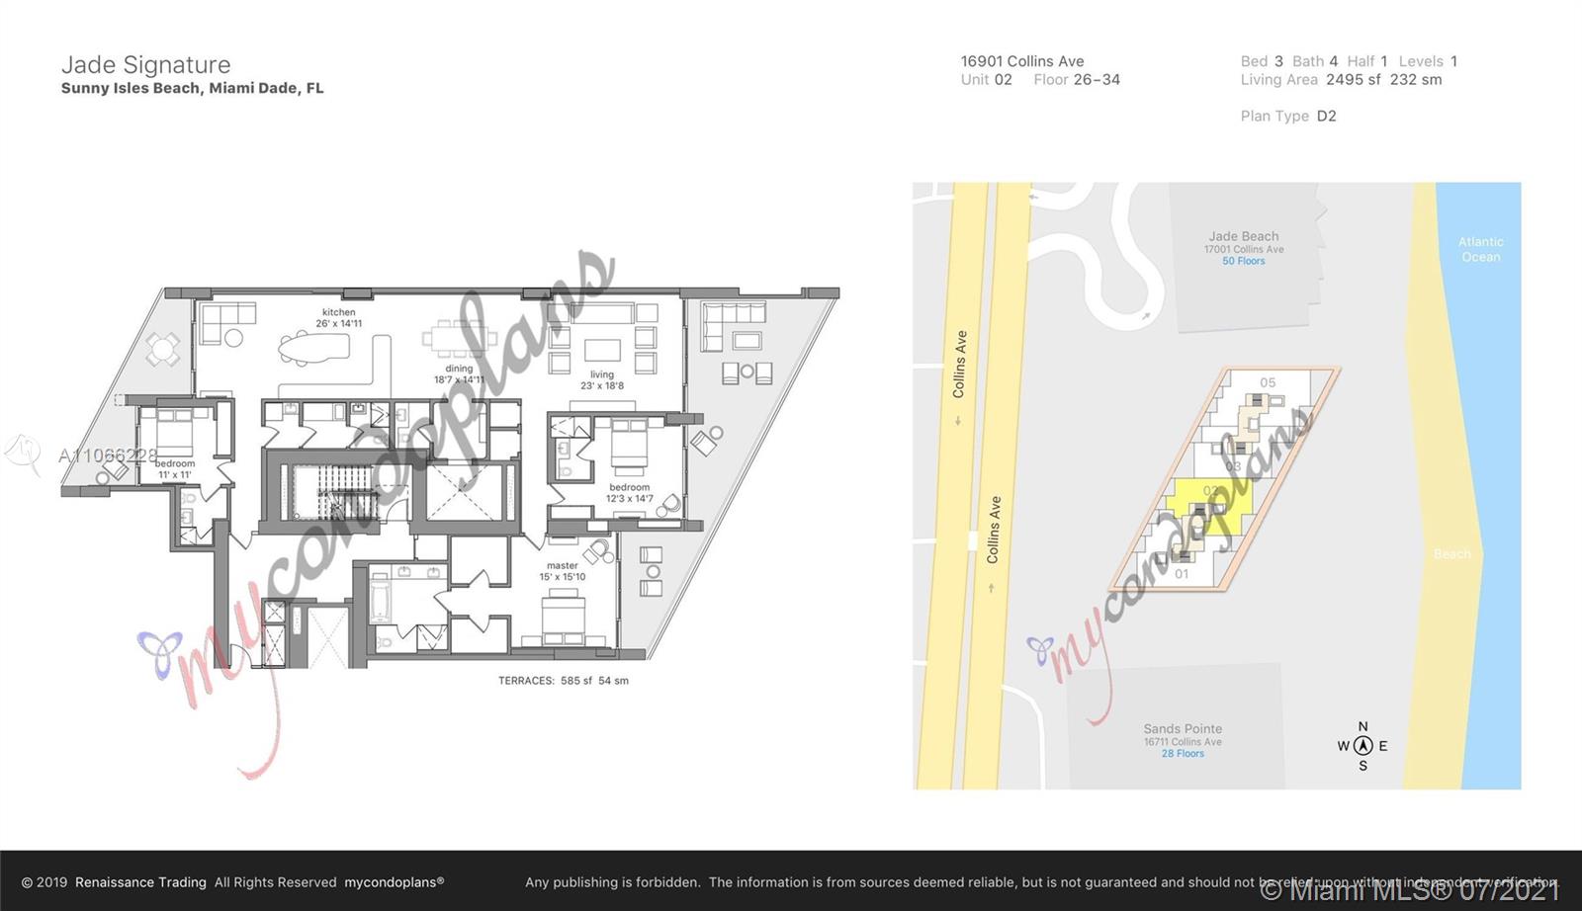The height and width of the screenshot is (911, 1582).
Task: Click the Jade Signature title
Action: coord(145,65)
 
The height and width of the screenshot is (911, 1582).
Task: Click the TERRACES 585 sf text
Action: coord(563,681)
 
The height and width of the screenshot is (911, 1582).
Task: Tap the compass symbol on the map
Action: coord(1362,746)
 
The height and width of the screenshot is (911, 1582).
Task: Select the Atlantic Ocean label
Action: coord(1480,249)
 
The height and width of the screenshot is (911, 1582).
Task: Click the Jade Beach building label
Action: coord(1243,237)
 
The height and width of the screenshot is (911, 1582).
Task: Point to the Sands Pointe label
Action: coord(1183,729)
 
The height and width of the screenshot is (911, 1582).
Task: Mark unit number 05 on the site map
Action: coord(1268,382)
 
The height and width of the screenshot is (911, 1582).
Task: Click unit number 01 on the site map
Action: coord(1182,573)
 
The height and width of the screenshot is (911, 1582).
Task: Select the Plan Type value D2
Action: coord(1326,116)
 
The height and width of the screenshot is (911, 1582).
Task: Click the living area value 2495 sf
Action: coord(1354,80)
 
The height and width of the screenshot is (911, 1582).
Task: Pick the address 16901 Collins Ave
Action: coord(1022,61)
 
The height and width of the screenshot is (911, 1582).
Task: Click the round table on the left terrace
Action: coord(163,348)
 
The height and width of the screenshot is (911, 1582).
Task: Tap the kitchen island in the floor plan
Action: coord(314,347)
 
